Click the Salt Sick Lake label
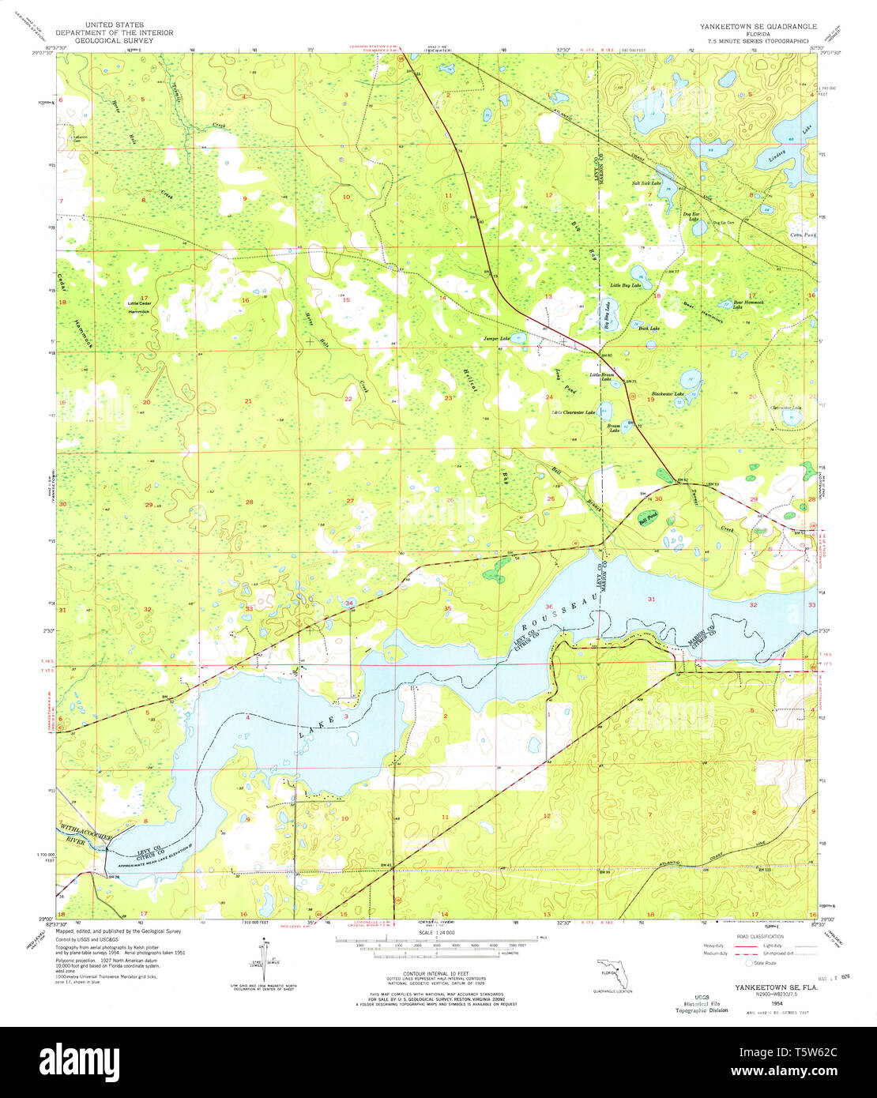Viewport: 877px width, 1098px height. [645, 183]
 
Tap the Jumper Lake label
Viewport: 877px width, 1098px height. [497, 339]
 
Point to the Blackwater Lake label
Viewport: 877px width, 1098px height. [667, 394]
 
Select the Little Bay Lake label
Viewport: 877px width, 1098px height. [625, 285]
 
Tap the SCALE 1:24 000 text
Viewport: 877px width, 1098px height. [438, 933]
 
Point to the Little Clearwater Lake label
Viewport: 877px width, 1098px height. [573, 412]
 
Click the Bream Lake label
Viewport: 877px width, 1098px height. [614, 427]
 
